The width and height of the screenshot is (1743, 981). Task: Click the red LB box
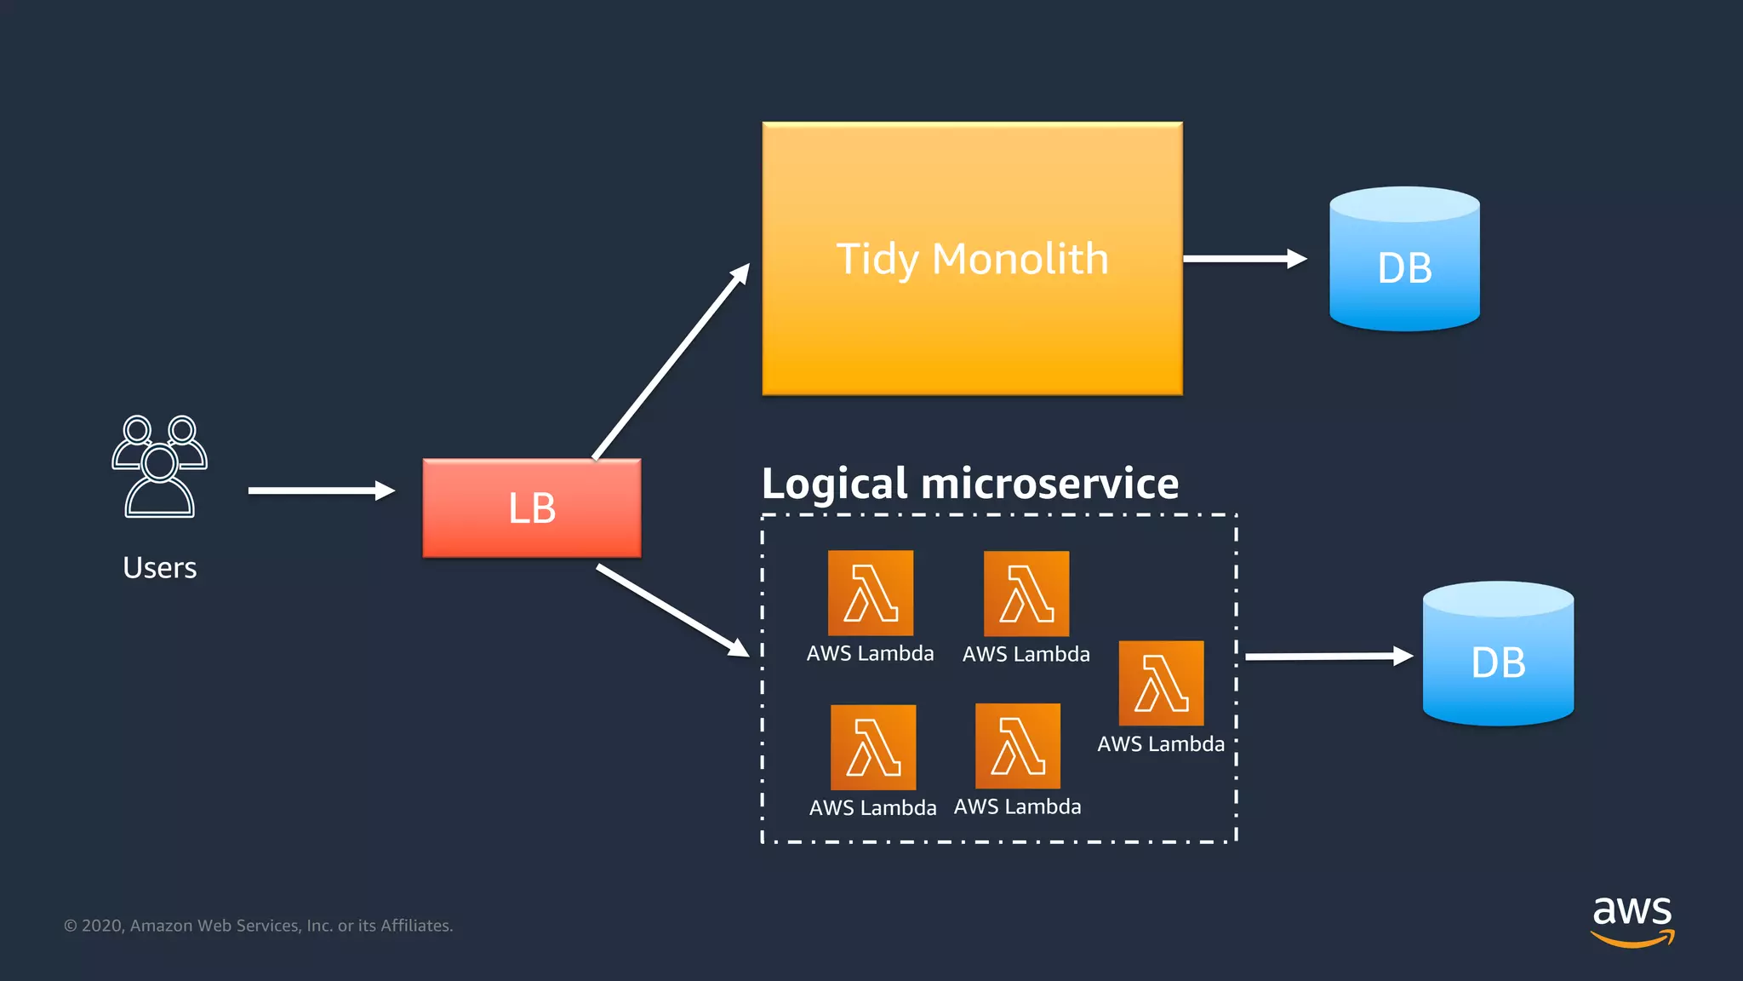click(532, 508)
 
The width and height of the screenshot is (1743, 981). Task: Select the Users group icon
click(160, 467)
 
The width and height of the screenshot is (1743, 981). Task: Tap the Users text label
click(160, 568)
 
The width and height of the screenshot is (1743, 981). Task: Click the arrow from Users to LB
click(320, 490)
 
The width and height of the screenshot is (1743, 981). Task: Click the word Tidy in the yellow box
click(877, 259)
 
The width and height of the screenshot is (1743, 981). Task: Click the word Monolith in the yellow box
click(1020, 259)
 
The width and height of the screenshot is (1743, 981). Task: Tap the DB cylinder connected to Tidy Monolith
click(1404, 260)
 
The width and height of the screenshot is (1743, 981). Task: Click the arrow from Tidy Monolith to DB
click(1243, 259)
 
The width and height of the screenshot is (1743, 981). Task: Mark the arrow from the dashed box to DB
click(1328, 656)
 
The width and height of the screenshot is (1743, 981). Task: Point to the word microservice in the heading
click(1050, 485)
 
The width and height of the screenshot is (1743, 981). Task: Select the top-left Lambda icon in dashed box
click(871, 594)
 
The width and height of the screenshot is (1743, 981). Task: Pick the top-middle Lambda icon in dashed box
click(1026, 594)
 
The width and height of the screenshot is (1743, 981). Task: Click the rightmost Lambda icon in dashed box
click(1161, 684)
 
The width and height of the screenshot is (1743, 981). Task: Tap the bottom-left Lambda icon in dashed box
click(873, 748)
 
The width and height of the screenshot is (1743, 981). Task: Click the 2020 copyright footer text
click(259, 926)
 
